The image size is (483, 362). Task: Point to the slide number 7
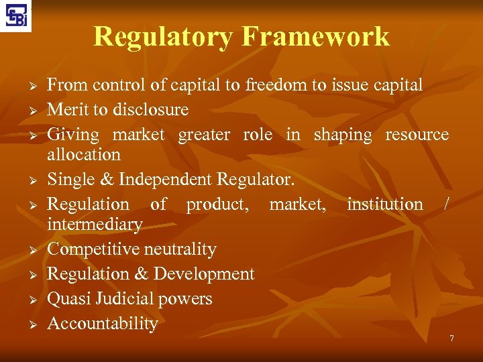click(451, 339)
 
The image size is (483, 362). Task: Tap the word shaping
click(342, 135)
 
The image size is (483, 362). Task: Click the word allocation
click(84, 154)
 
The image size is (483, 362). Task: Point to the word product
click(217, 204)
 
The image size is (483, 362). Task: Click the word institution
click(384, 204)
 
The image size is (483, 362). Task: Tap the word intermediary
click(95, 224)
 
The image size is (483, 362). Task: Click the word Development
click(204, 274)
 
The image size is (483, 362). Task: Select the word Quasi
click(69, 299)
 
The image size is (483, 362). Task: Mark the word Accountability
click(103, 324)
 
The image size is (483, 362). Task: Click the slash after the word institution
click(446, 204)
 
